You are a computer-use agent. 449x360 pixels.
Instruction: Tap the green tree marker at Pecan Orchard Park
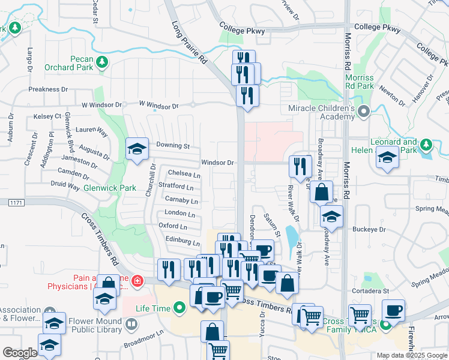point(103,61)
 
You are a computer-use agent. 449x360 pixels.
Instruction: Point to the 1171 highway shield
point(17,205)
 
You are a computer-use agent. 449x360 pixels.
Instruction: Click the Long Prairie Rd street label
point(189,44)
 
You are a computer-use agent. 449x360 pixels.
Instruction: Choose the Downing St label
point(173,146)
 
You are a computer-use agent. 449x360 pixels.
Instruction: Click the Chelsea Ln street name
point(184,174)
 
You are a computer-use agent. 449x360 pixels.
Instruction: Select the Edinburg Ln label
point(183,242)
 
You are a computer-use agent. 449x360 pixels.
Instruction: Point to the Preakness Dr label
point(49,89)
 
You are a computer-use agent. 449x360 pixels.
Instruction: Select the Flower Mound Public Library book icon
point(131,325)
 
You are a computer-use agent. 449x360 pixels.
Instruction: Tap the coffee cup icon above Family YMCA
point(394,310)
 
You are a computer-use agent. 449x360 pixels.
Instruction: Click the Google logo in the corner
point(20,353)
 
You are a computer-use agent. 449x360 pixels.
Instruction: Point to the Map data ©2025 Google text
point(412,355)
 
